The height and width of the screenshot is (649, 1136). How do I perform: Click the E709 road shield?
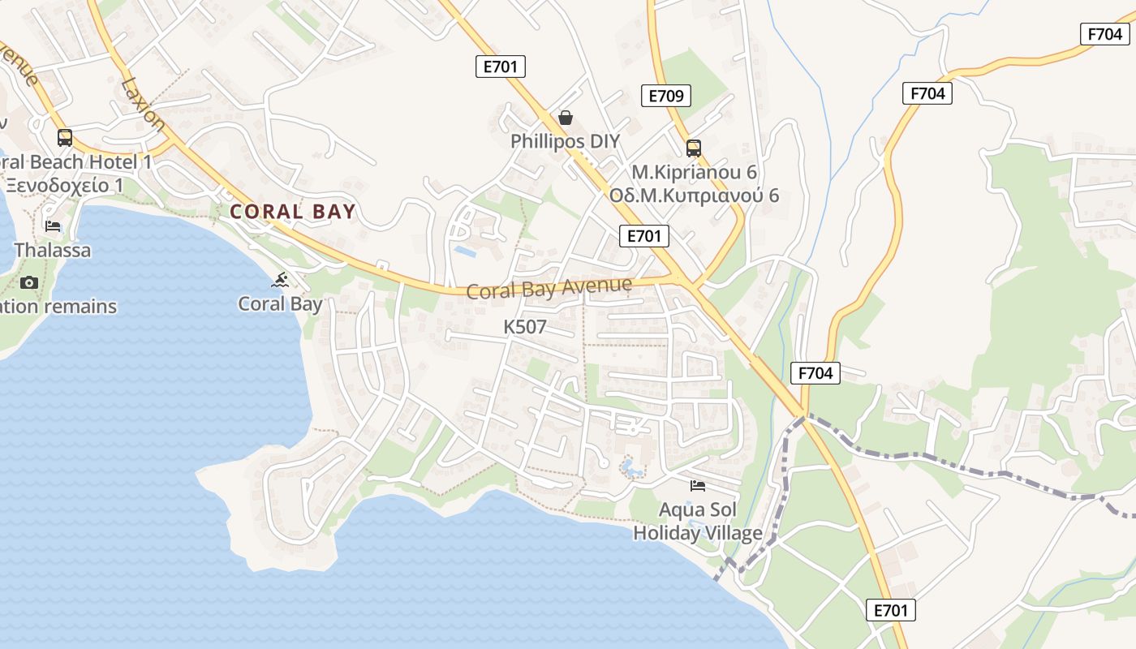666,96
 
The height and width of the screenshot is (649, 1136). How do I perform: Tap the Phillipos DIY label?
565,141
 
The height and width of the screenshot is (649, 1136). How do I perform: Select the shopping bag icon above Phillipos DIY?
566,118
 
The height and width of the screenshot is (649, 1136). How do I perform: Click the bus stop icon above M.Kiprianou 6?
693,148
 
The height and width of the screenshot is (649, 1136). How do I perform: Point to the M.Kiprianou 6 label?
694,173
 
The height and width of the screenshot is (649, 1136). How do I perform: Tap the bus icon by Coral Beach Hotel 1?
64,138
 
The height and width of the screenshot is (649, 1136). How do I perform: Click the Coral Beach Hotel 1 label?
76,162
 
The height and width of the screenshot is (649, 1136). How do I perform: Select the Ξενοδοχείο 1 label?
65,185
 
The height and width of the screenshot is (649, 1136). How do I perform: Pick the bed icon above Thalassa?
53,226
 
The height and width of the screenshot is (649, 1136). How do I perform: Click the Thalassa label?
53,250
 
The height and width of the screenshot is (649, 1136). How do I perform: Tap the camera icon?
29,282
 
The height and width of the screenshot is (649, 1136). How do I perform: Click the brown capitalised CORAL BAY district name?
293,213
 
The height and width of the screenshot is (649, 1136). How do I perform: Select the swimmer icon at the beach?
281,281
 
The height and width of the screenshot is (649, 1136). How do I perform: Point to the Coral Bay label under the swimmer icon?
280,304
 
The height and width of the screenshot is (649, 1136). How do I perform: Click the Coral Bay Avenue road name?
549,288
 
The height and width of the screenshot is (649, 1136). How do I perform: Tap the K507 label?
525,327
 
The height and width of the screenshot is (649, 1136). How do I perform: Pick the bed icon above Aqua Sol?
697,486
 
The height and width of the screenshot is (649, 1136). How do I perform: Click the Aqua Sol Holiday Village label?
698,522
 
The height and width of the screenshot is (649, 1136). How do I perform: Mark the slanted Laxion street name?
143,104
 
